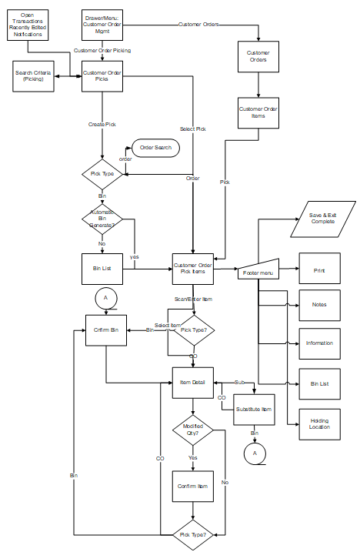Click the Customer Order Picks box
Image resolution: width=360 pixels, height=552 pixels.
click(x=102, y=75)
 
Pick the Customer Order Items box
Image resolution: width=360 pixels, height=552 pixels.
click(x=257, y=112)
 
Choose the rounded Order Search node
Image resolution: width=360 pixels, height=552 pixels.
click(x=156, y=148)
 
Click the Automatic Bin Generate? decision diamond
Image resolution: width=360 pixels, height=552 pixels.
click(x=102, y=219)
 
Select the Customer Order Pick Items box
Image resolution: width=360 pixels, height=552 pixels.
click(x=192, y=269)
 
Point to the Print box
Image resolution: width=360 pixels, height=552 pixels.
click(x=319, y=270)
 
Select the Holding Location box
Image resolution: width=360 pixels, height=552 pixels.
click(x=319, y=423)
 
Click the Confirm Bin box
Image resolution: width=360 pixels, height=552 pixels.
click(x=106, y=330)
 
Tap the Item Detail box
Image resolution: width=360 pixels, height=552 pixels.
click(x=192, y=382)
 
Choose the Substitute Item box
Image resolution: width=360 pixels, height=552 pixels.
click(x=253, y=409)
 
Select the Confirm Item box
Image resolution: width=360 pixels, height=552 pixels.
click(x=192, y=486)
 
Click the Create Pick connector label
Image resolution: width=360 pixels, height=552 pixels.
click(x=102, y=124)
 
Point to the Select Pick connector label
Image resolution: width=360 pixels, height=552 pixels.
click(x=192, y=129)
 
